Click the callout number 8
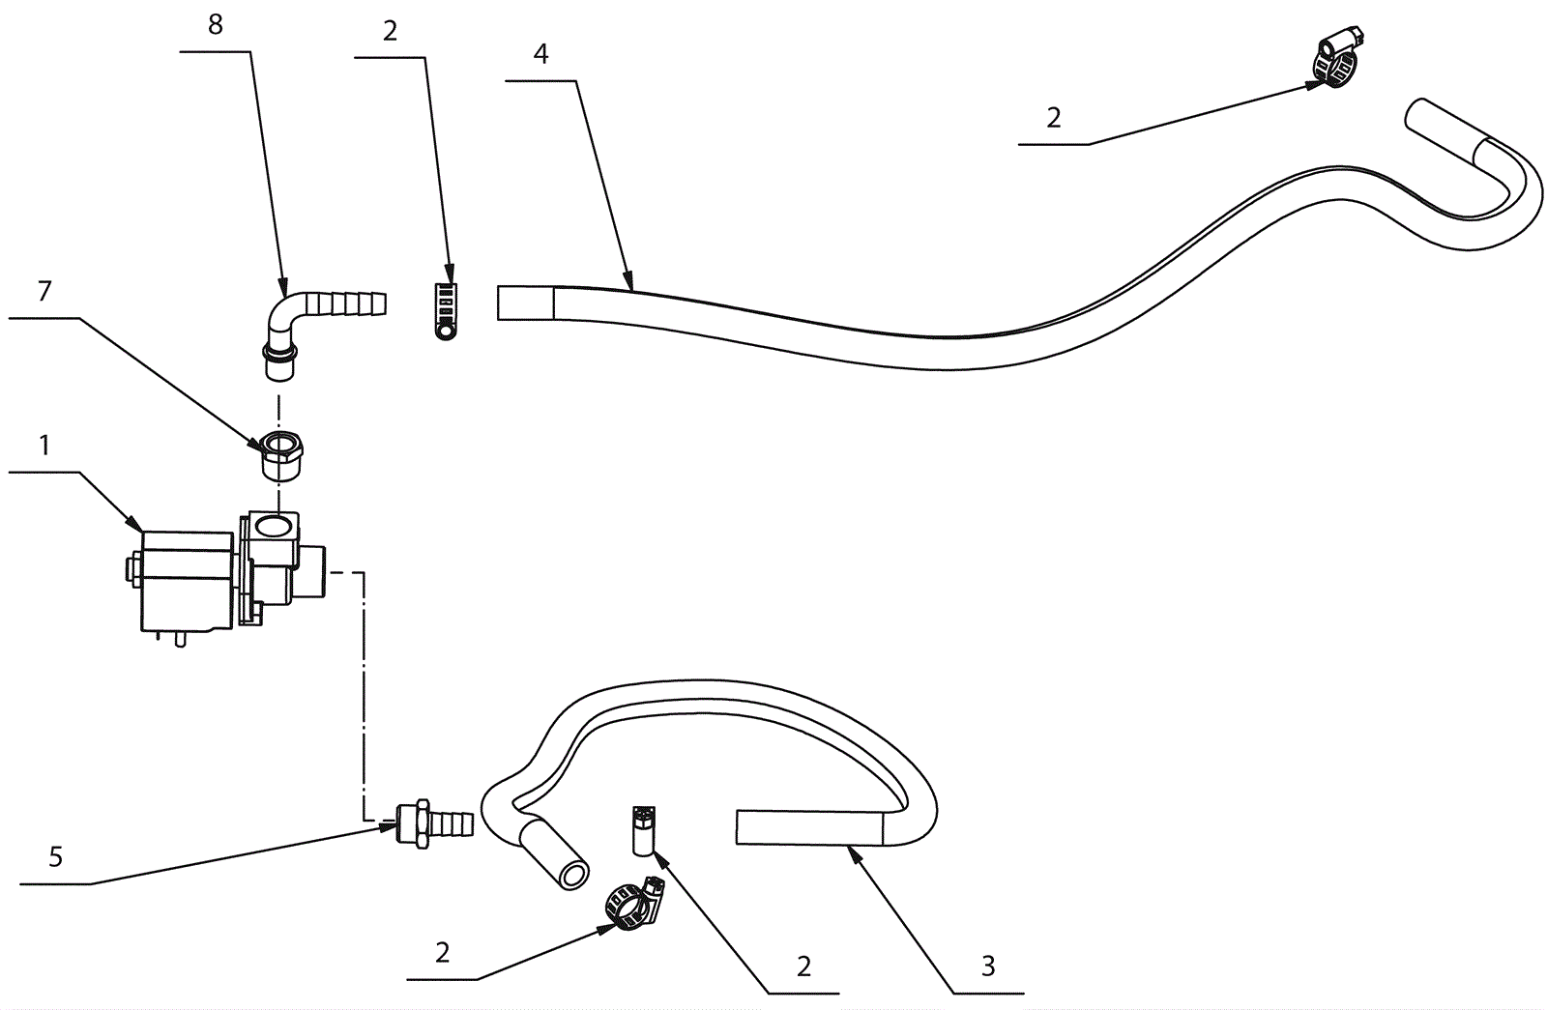[x=215, y=25]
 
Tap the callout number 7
[x=44, y=290]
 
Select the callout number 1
[x=44, y=446]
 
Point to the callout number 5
[x=56, y=856]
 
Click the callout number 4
[x=540, y=54]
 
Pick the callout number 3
[x=987, y=966]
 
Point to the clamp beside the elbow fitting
[x=447, y=309]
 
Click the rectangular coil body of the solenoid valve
[x=188, y=577]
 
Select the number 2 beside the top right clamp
[x=1053, y=118]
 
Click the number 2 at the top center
[x=390, y=31]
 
